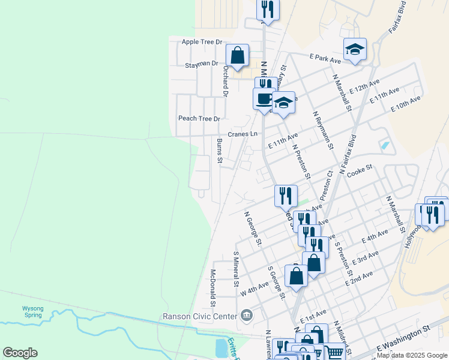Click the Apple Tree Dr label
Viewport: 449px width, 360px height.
[202, 42]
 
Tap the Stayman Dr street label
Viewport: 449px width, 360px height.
[202, 64]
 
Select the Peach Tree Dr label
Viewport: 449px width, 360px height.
[199, 118]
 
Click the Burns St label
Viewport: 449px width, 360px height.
[220, 151]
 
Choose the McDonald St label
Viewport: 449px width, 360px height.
[212, 286]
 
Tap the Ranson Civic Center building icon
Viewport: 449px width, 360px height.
[246, 315]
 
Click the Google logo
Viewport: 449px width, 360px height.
[20, 353]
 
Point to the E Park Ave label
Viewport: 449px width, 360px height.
[325, 58]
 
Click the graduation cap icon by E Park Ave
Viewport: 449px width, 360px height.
[355, 49]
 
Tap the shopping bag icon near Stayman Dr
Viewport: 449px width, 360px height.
[238, 55]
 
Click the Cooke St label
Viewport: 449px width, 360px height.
[360, 169]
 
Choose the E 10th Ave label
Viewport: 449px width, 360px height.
[406, 103]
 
